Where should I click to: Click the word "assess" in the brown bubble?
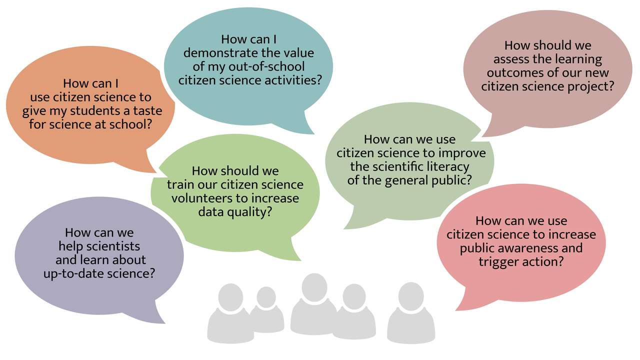[x=510, y=59]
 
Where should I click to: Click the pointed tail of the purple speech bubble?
[x=164, y=323]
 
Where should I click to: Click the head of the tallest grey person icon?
[x=314, y=287]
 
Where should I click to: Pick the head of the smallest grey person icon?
[x=266, y=297]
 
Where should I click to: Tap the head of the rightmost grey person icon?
[x=411, y=296]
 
